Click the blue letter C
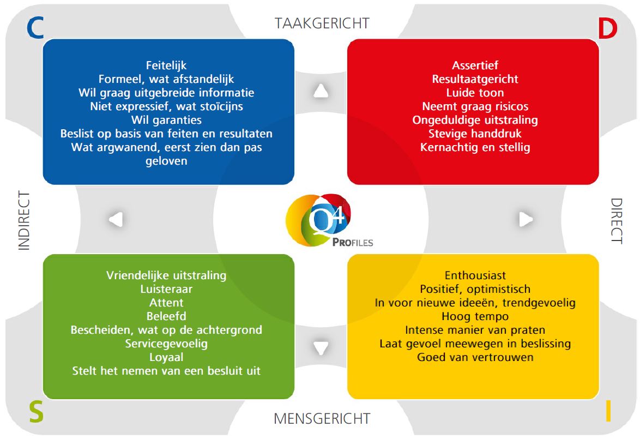point(35,28)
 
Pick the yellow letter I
point(608,412)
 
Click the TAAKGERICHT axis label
point(322,23)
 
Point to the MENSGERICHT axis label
point(322,419)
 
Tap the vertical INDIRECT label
point(25,220)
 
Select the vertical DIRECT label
point(616,220)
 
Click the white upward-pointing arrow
point(321,91)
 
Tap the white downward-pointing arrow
point(321,347)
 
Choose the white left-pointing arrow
point(116,219)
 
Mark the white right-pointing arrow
point(526,219)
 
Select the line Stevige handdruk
point(475,134)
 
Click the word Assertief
point(475,65)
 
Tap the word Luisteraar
point(166,289)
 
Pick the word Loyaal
point(166,357)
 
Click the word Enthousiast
point(475,275)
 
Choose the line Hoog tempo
point(475,316)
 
